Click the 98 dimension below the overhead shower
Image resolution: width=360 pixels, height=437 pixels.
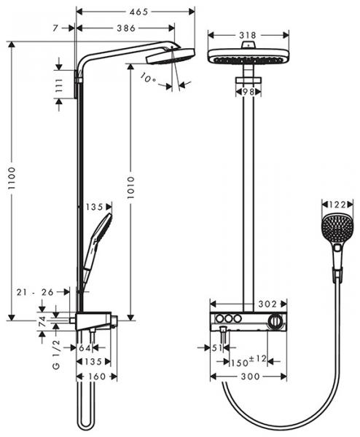(x=249, y=91)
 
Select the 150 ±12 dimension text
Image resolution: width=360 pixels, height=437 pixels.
(x=246, y=361)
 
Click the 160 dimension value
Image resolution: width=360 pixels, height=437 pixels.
(x=96, y=376)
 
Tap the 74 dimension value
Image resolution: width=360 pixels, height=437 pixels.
(x=42, y=320)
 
